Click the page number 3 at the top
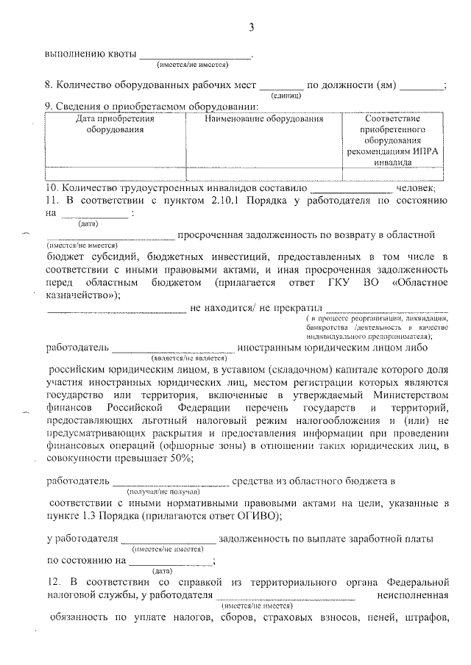tap(251, 28)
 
